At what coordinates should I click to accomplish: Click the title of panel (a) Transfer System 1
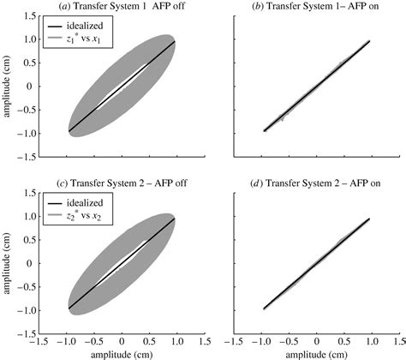tap(122, 8)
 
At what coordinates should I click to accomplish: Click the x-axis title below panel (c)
tap(122, 353)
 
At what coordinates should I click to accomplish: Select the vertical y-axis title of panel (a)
tap(9, 87)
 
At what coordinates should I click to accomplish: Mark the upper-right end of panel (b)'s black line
tap(370, 40)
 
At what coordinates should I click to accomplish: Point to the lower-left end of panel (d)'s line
tap(264, 308)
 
